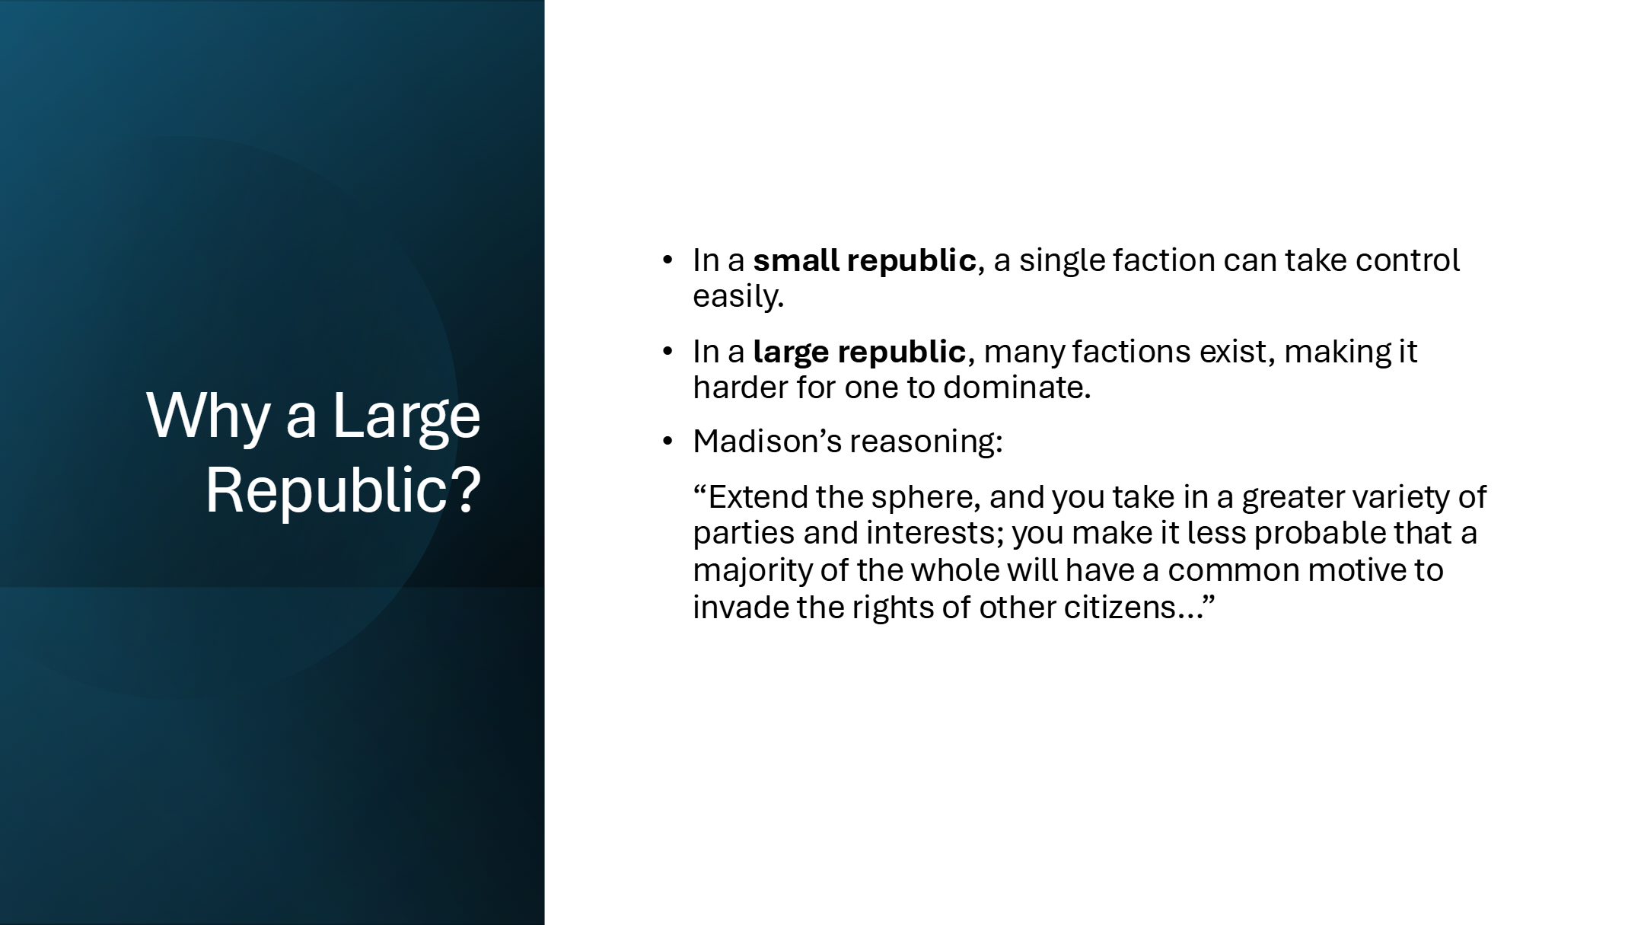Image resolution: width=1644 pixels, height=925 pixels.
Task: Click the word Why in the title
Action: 208,416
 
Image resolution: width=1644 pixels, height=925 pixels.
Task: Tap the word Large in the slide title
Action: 406,416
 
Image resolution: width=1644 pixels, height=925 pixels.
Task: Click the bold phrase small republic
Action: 865,260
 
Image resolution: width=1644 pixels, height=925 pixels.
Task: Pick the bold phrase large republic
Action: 859,352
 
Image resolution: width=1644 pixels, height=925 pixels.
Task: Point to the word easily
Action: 738,296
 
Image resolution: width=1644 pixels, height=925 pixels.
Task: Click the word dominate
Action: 1017,388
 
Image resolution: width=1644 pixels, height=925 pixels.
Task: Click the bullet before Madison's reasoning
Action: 668,442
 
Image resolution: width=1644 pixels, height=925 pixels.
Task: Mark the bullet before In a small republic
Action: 668,260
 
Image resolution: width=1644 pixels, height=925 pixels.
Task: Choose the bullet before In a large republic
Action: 668,352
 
